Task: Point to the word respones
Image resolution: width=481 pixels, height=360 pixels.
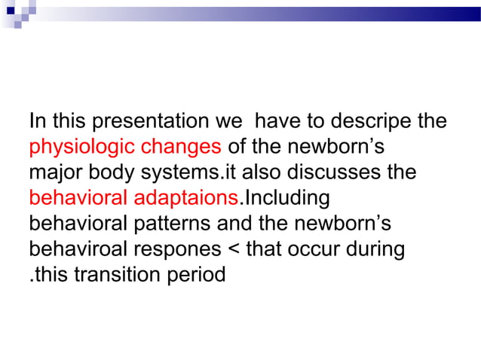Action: coord(175,249)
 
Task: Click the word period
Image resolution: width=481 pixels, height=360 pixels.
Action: coord(198,275)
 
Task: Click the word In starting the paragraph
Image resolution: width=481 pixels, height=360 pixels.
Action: coord(36,121)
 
